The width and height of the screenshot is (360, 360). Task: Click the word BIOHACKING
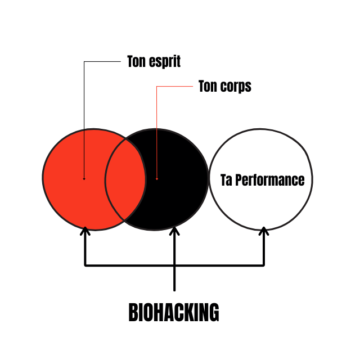pyautogui.click(x=174, y=313)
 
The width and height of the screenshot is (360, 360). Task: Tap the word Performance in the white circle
pyautogui.click(x=269, y=181)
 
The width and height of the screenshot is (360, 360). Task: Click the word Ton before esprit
pyautogui.click(x=137, y=61)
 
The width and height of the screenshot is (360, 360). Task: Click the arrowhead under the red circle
pyautogui.click(x=85, y=231)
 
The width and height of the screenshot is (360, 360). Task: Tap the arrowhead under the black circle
pyautogui.click(x=174, y=231)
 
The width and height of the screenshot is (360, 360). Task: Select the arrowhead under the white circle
pyautogui.click(x=264, y=231)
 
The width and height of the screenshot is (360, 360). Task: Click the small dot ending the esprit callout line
pyautogui.click(x=84, y=179)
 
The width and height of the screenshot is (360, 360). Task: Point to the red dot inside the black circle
pyautogui.click(x=157, y=179)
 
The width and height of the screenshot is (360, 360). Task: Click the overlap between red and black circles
pyautogui.click(x=125, y=179)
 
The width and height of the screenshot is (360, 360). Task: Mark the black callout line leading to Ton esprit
pyautogui.click(x=84, y=112)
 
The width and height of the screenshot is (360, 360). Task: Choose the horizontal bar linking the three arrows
pyautogui.click(x=219, y=264)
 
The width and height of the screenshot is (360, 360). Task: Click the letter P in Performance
pyautogui.click(x=238, y=180)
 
